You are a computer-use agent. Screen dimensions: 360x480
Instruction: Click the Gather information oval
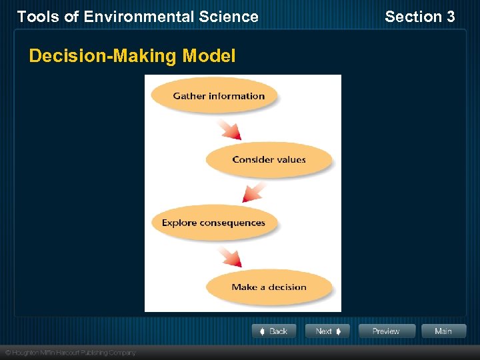click(214, 96)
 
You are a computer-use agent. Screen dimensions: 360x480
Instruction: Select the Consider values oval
click(269, 160)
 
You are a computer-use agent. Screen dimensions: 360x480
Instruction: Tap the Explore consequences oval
click(213, 223)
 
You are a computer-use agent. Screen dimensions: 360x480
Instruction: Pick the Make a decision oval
click(269, 287)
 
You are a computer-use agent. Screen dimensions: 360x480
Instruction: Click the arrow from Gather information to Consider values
click(229, 129)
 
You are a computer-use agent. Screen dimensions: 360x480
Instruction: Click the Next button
click(327, 331)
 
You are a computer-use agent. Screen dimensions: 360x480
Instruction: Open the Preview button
click(387, 331)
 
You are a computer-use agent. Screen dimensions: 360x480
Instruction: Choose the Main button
click(443, 331)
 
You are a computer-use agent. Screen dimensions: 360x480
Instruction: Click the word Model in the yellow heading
click(209, 56)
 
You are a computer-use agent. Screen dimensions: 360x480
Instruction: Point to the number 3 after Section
click(451, 17)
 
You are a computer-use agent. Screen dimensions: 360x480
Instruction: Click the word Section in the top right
click(413, 17)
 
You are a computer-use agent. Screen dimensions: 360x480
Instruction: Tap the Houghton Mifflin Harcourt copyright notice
click(70, 352)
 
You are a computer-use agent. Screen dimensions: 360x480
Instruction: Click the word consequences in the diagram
click(231, 223)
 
